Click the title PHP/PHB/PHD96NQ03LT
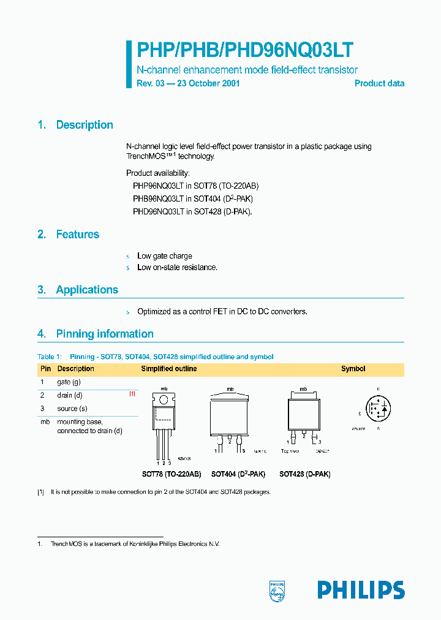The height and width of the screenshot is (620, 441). click(245, 50)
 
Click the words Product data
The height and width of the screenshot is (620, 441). click(379, 83)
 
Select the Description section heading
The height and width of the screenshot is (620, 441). click(85, 125)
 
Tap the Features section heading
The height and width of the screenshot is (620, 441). click(77, 235)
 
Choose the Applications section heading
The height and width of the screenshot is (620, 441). click(87, 290)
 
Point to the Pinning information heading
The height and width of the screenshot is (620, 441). click(105, 334)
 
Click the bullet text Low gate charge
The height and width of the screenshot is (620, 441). click(165, 256)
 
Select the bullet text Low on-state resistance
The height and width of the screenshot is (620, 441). click(177, 268)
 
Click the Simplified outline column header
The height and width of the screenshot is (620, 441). click(169, 369)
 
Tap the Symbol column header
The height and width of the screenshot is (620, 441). click(353, 369)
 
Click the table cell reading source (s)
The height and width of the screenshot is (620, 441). click(72, 409)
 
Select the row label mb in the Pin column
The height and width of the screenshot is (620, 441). click(45, 422)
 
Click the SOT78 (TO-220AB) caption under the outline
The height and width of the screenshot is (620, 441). click(171, 474)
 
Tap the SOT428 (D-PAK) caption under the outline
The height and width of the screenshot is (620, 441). click(304, 474)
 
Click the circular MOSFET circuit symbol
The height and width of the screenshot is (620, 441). click(377, 409)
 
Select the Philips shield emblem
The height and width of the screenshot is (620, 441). click(277, 589)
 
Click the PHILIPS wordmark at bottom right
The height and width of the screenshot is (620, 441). click(361, 590)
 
